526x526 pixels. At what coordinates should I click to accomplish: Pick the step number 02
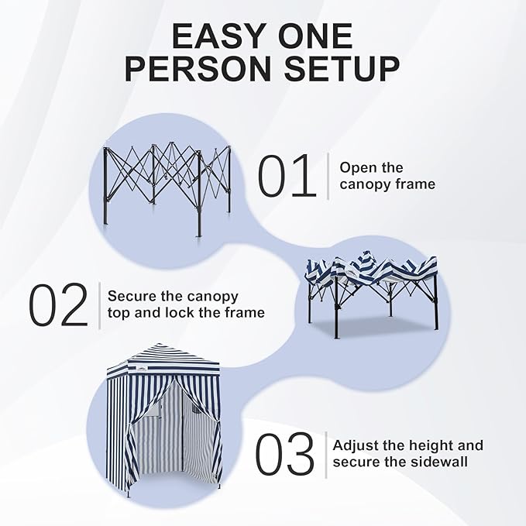click(60, 305)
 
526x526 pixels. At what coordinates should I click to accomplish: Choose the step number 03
click(285, 455)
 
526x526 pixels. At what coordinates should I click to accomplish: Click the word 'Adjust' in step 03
click(357, 445)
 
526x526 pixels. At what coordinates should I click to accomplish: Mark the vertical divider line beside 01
click(328, 176)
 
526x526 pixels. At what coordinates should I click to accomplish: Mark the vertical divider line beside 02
click(99, 305)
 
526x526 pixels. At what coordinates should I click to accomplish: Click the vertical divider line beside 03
click(325, 455)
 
